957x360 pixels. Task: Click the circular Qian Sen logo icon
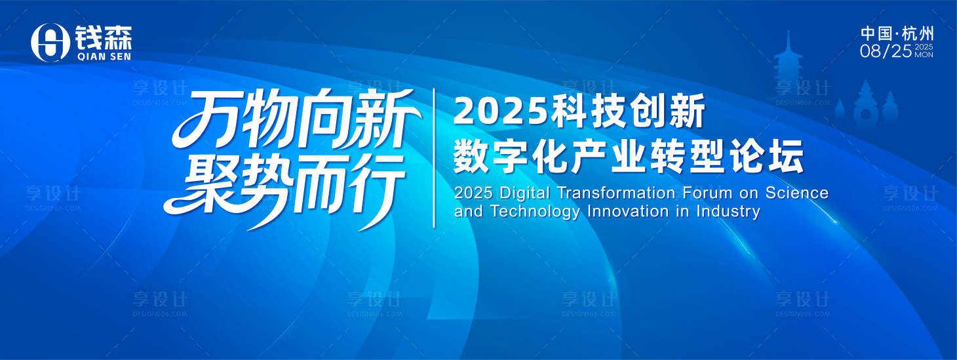(x=50, y=43)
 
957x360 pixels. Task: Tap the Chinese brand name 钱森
(x=104, y=38)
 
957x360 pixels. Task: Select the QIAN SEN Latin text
(x=104, y=56)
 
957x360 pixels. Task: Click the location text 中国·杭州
(x=897, y=34)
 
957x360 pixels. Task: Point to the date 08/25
(x=886, y=51)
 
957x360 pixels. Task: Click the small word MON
(x=924, y=55)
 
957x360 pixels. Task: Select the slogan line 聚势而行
(x=284, y=190)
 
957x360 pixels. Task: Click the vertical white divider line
(x=434, y=158)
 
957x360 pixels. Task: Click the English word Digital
(x=524, y=193)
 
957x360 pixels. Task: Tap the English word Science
(x=797, y=193)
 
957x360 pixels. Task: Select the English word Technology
(x=535, y=212)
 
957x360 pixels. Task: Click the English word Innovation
(x=627, y=211)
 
